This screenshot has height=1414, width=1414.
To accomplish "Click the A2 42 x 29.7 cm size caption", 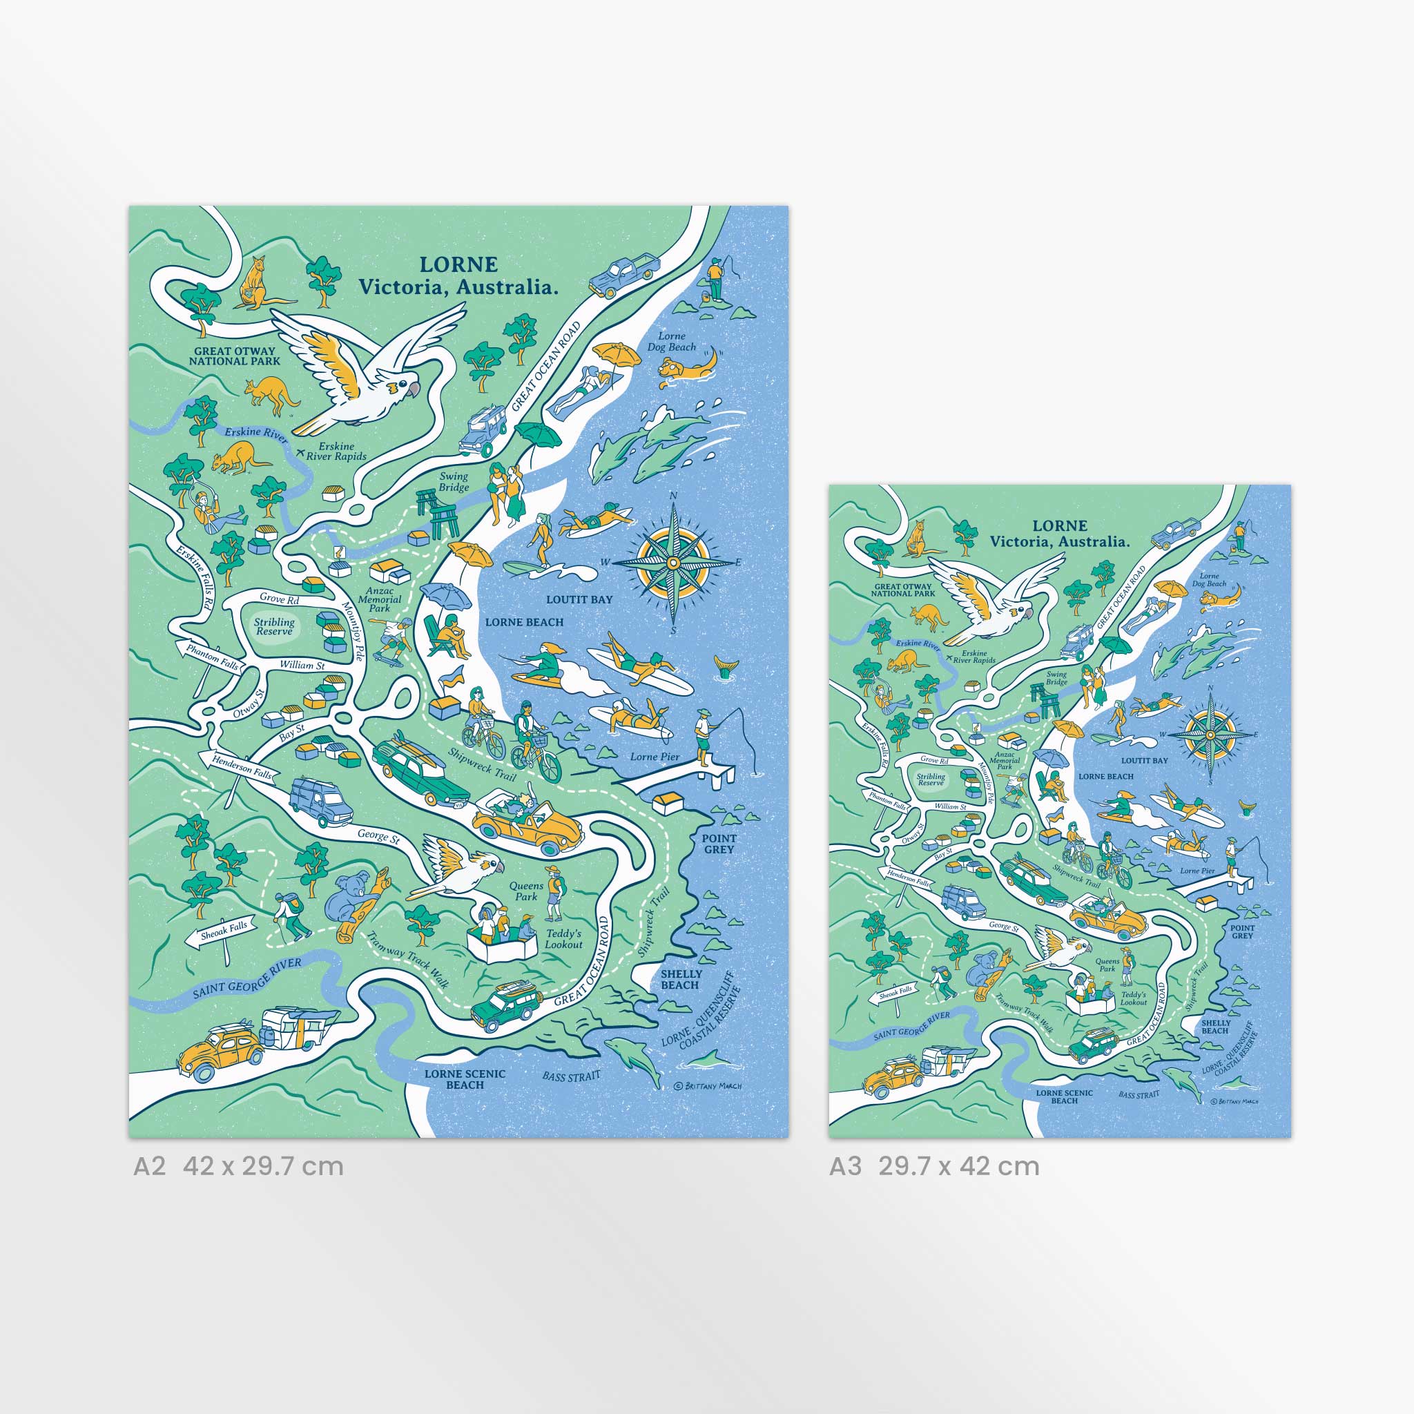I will (238, 1166).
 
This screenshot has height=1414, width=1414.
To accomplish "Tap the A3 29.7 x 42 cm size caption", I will (934, 1166).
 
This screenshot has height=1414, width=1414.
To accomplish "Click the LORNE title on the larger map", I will (458, 265).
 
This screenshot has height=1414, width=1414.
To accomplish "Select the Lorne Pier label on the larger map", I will (655, 757).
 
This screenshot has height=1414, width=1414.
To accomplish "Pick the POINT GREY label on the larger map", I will (719, 844).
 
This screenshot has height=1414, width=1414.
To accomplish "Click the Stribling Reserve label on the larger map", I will (275, 626).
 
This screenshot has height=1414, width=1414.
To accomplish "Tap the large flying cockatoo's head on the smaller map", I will (1019, 613).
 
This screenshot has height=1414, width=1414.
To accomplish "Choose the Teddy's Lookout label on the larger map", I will (563, 938).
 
